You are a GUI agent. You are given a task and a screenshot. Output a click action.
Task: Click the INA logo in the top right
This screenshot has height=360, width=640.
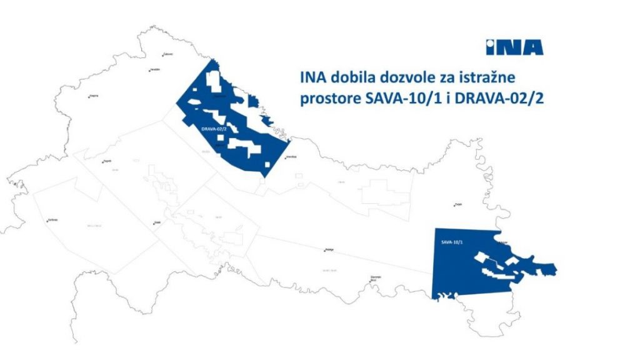pyautogui.click(x=514, y=47)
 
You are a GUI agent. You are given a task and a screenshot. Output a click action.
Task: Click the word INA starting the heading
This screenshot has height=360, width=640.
pyautogui.click(x=311, y=79)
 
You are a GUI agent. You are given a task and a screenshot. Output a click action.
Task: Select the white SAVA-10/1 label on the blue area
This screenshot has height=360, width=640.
pyautogui.click(x=451, y=241)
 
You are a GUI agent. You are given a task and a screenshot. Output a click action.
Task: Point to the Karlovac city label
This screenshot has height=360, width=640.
pyautogui.click(x=52, y=220)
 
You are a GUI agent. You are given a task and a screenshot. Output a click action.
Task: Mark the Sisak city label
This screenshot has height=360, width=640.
pyautogui.click(x=158, y=222)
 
